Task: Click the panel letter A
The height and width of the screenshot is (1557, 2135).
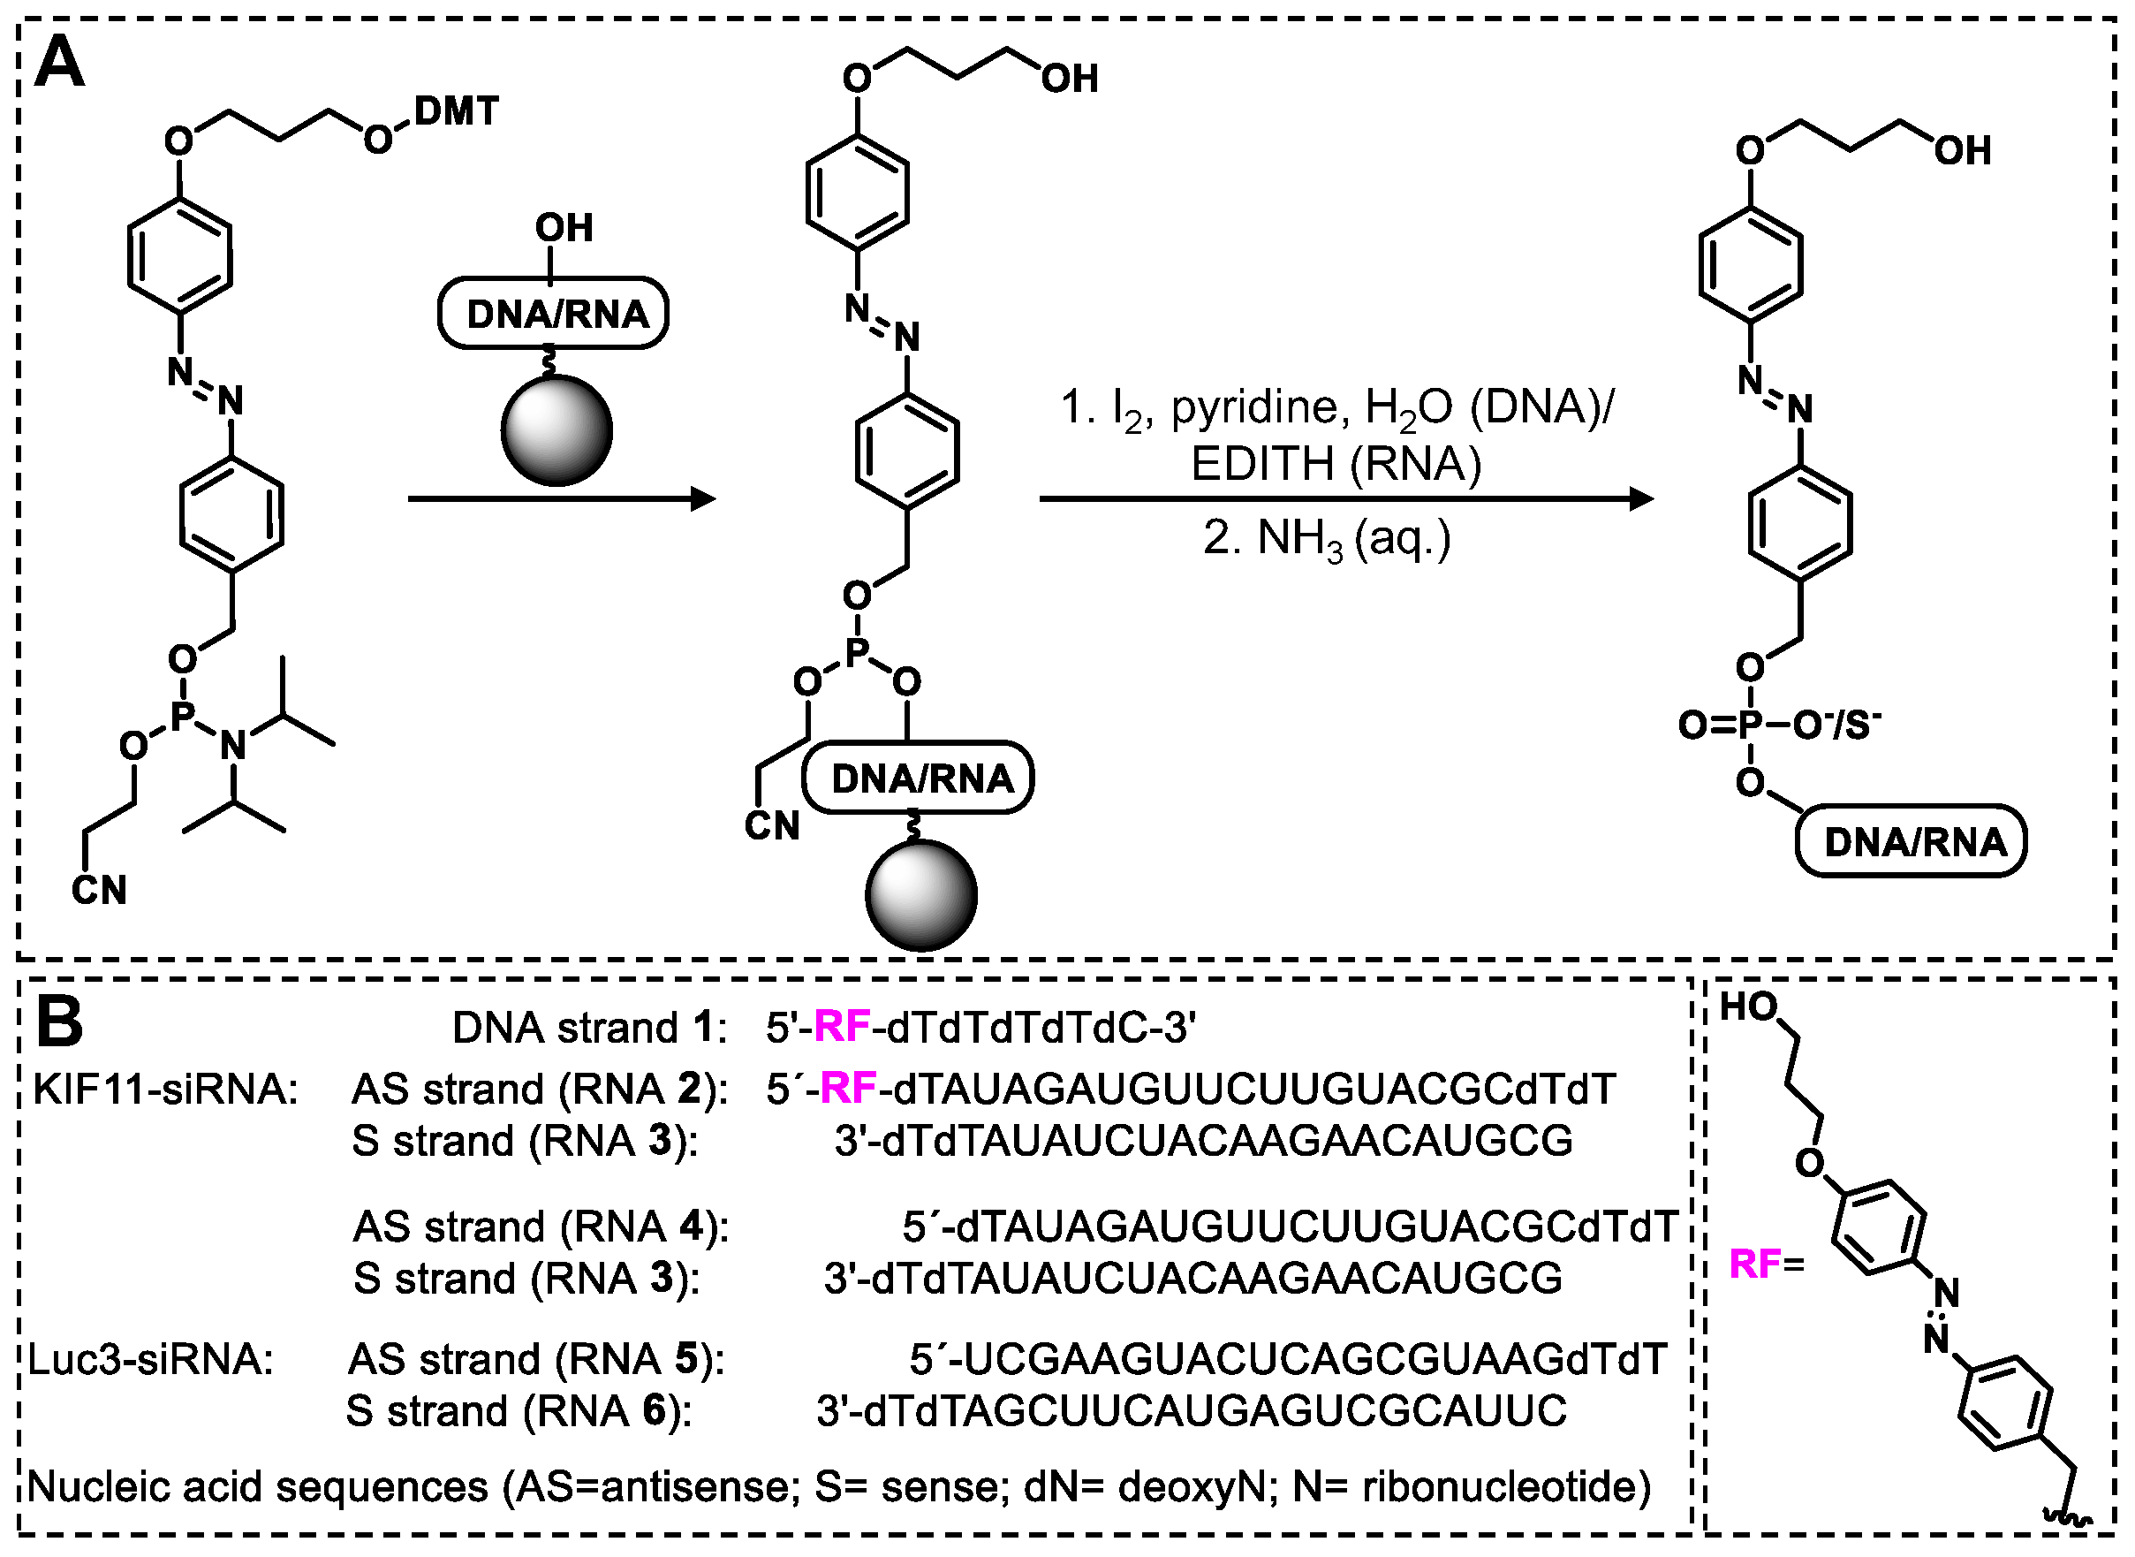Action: tap(59, 62)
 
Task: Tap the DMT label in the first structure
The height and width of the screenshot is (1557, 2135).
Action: tap(456, 111)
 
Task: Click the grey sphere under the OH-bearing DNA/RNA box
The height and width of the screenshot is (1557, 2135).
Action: tap(556, 430)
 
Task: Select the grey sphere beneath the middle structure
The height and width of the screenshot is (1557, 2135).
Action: tap(920, 894)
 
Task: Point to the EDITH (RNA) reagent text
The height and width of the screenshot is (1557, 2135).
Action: tap(1335, 464)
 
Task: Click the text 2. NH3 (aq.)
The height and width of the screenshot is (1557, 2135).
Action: tap(1327, 539)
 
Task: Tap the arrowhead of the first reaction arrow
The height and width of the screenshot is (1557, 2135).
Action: tap(704, 498)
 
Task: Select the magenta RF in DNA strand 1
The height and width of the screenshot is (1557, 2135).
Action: tap(842, 1027)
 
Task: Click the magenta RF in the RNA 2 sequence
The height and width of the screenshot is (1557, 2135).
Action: tap(849, 1089)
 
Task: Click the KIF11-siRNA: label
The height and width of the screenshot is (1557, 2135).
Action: tap(165, 1090)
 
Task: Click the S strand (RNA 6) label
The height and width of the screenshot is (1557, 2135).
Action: tap(519, 1411)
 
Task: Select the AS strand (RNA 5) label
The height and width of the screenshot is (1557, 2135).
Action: tap(535, 1359)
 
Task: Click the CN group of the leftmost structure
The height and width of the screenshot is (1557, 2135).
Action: tap(99, 890)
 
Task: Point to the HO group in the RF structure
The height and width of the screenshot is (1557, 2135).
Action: tap(1749, 1007)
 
